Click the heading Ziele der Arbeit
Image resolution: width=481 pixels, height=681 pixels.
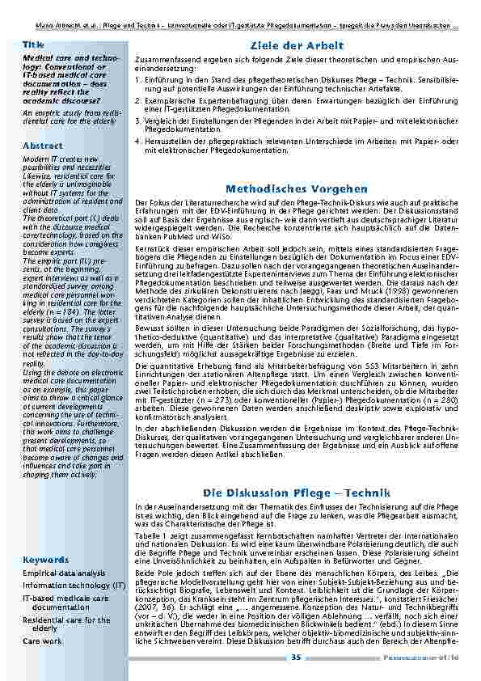(297, 45)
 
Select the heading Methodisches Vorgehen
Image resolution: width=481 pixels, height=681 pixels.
(297, 188)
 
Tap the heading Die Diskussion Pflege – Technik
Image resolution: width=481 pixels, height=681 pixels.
(297, 493)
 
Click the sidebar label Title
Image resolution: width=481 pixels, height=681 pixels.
(33, 44)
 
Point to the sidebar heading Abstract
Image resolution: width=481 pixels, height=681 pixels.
(43, 146)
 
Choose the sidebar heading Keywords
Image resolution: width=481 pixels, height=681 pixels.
(45, 560)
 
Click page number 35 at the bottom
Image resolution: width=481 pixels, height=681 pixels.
(296, 658)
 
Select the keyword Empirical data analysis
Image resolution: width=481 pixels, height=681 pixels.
(64, 573)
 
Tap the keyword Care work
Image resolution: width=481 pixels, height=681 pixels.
(42, 641)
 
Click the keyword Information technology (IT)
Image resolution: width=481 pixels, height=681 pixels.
(74, 585)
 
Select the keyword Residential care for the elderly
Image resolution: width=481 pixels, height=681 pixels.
(66, 624)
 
